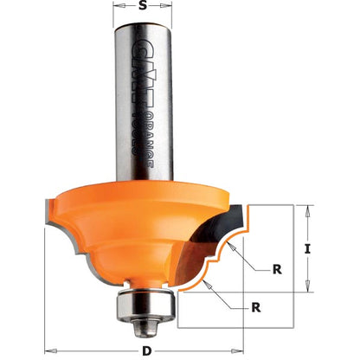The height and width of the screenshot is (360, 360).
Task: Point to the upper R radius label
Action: point(277,269)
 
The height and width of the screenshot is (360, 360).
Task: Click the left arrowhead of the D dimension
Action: point(46,350)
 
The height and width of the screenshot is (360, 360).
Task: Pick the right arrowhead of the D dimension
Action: point(244,350)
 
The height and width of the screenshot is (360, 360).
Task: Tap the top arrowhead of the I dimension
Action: point(307,209)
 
